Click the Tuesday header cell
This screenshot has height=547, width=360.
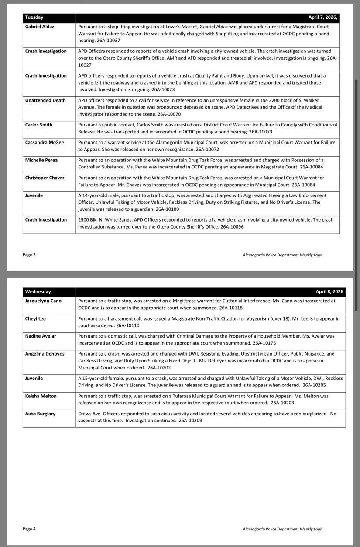[x=34, y=17]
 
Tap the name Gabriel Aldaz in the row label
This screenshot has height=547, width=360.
[x=40, y=27]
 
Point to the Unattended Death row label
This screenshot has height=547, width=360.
[x=45, y=100]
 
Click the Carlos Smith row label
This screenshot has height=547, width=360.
[x=39, y=125]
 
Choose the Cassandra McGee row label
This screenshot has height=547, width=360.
[x=45, y=142]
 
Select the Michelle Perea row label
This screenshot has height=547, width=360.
[x=41, y=160]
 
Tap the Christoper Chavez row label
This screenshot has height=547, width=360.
[x=45, y=178]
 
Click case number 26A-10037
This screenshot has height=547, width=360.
[x=108, y=41]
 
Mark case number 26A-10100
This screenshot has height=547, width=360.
[x=166, y=209]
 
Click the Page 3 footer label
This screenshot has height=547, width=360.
[x=29, y=255]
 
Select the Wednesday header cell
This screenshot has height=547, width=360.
[x=38, y=291]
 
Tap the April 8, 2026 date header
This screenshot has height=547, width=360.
[x=329, y=291]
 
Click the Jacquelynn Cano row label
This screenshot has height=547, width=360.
[x=44, y=301]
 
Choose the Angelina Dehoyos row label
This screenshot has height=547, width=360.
[x=45, y=354]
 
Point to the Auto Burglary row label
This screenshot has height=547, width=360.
[x=41, y=414]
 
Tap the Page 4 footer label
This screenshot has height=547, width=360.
[x=29, y=529]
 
